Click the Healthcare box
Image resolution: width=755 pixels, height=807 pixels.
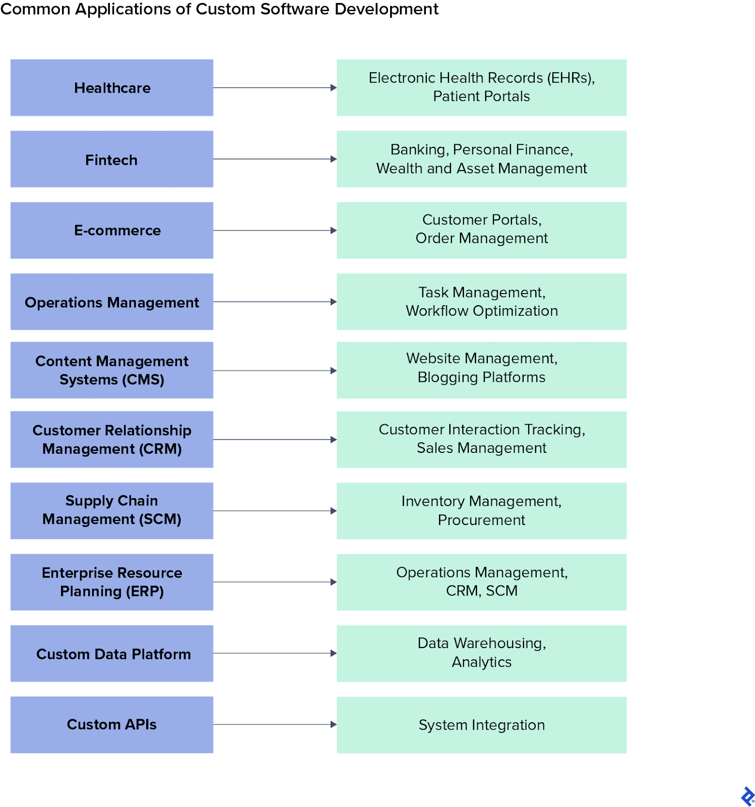tap(112, 88)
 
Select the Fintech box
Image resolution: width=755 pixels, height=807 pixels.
tap(112, 159)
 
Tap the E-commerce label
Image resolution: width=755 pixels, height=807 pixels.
tap(117, 230)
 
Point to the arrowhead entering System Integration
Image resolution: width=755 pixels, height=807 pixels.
tap(333, 724)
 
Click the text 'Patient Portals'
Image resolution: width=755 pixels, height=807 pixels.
tap(481, 96)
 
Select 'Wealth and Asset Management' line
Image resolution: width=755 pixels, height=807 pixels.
tap(481, 168)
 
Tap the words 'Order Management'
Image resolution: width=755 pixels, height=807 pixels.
tap(481, 238)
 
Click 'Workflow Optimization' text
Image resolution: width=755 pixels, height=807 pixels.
tap(481, 311)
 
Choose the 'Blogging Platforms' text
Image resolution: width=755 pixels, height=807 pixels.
tap(481, 377)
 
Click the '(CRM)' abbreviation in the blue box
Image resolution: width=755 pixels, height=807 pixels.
tap(160, 449)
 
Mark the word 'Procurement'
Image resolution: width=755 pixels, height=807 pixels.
tap(481, 520)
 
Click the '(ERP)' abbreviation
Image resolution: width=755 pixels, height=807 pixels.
tap(144, 591)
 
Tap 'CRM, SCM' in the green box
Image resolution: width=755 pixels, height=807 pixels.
tap(481, 591)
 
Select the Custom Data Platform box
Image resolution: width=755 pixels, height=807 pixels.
tap(112, 654)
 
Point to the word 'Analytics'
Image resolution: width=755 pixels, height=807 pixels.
tap(481, 662)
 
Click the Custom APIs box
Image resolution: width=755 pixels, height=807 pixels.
tap(112, 724)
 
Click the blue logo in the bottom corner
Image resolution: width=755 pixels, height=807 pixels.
tap(747, 796)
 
